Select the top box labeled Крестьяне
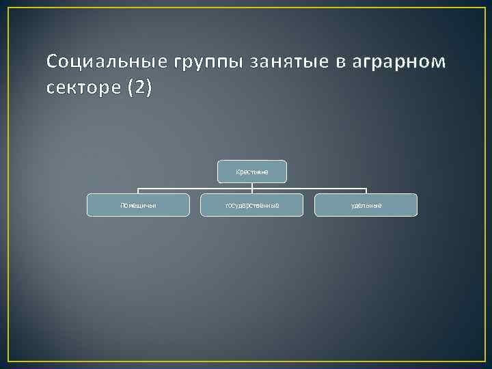point(252,172)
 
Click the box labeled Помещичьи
point(138,205)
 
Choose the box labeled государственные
point(251,205)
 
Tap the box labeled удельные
point(366,205)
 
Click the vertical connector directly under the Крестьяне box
point(252,186)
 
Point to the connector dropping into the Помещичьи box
point(138,191)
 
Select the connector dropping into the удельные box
point(366,191)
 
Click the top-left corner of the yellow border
point(8,8)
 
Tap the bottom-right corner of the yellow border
point(484,360)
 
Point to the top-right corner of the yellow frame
point(484,8)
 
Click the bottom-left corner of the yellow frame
point(8,360)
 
